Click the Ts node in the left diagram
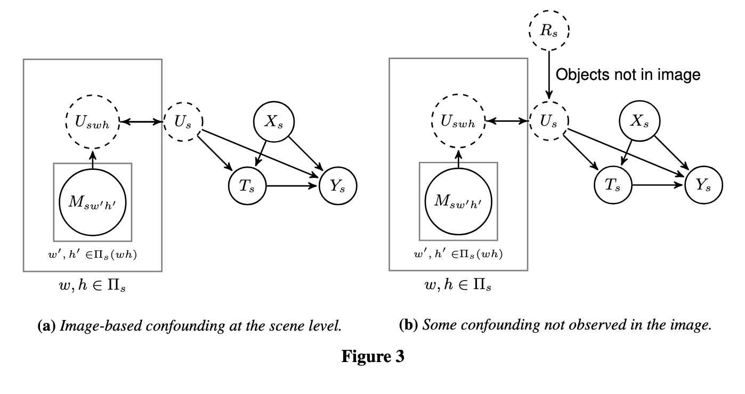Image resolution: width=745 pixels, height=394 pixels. click(x=247, y=186)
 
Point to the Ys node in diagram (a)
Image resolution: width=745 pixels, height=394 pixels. click(x=337, y=186)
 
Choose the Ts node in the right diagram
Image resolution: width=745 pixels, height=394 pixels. click(x=613, y=186)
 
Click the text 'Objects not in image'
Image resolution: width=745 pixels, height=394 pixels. click(x=627, y=75)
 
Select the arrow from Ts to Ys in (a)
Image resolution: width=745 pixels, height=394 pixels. click(x=291, y=186)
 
